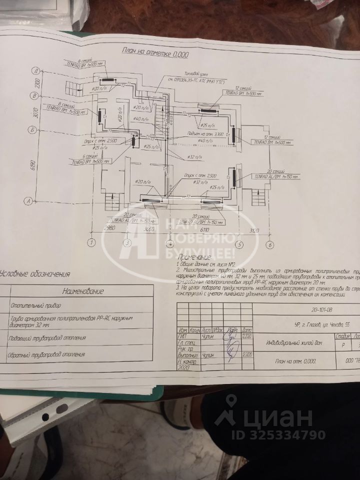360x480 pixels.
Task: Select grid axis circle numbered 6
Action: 269,244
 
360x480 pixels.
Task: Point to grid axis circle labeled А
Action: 29,201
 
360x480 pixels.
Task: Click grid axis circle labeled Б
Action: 31,129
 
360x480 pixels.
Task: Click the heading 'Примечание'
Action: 194,256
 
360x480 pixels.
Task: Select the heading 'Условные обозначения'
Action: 35,273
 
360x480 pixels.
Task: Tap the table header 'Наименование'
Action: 82,291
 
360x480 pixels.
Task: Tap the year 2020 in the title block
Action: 185,367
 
